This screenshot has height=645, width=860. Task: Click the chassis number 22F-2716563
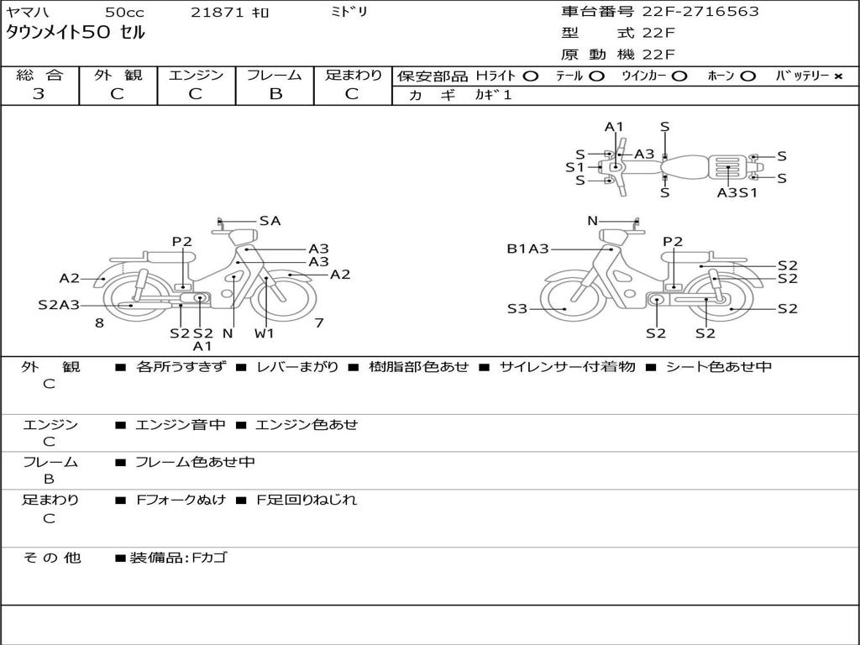[x=700, y=11]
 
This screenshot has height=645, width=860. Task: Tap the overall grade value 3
[x=39, y=94]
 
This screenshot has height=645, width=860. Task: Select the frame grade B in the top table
[x=275, y=94]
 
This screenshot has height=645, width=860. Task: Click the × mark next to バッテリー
[x=838, y=76]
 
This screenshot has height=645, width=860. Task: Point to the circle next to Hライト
[x=531, y=76]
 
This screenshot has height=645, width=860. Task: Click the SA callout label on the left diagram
[x=270, y=221]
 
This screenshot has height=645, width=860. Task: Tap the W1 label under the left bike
[x=264, y=333]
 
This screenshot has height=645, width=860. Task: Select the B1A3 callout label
[x=527, y=249]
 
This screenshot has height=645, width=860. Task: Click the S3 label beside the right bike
[x=517, y=309]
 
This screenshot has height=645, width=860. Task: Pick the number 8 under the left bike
[x=99, y=323]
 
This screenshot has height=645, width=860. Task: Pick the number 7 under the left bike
[x=319, y=323]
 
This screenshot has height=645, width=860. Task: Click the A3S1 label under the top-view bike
[x=737, y=193]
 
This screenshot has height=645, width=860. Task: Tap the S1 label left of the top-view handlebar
[x=574, y=167]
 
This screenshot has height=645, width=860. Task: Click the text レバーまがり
[x=297, y=367]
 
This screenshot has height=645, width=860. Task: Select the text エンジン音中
[x=181, y=424]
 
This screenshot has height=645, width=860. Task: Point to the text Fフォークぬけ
[x=181, y=500]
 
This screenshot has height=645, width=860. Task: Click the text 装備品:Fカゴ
[x=178, y=558]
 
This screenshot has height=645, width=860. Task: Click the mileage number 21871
[x=218, y=12]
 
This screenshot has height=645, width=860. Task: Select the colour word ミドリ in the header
[x=349, y=12]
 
